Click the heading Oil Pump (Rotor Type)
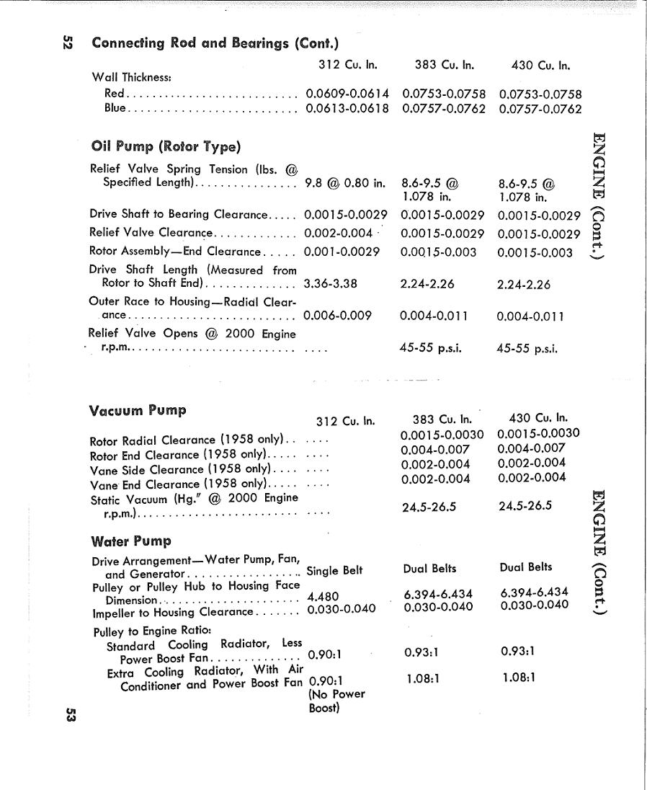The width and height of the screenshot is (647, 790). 165,147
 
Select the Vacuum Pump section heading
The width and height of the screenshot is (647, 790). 138,411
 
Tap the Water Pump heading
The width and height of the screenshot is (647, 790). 131,541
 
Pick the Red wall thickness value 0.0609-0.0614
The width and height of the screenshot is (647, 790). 347,94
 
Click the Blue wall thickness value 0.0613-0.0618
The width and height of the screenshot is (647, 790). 347,109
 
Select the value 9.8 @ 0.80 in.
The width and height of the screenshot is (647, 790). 345,182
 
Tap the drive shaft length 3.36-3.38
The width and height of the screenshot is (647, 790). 331,284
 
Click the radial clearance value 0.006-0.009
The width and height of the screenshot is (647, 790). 337,315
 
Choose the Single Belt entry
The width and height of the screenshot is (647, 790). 334,571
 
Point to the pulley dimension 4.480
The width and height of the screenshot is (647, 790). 323,597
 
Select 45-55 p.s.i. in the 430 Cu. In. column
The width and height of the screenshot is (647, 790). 527,349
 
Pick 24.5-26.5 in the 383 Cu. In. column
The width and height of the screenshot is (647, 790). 429,507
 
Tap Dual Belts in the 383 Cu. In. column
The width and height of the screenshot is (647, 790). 429,568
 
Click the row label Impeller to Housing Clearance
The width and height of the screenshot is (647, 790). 173,613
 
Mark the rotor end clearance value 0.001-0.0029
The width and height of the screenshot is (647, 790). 342,252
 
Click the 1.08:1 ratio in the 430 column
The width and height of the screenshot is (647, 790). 518,678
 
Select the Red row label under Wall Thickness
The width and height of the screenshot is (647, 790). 115,94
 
